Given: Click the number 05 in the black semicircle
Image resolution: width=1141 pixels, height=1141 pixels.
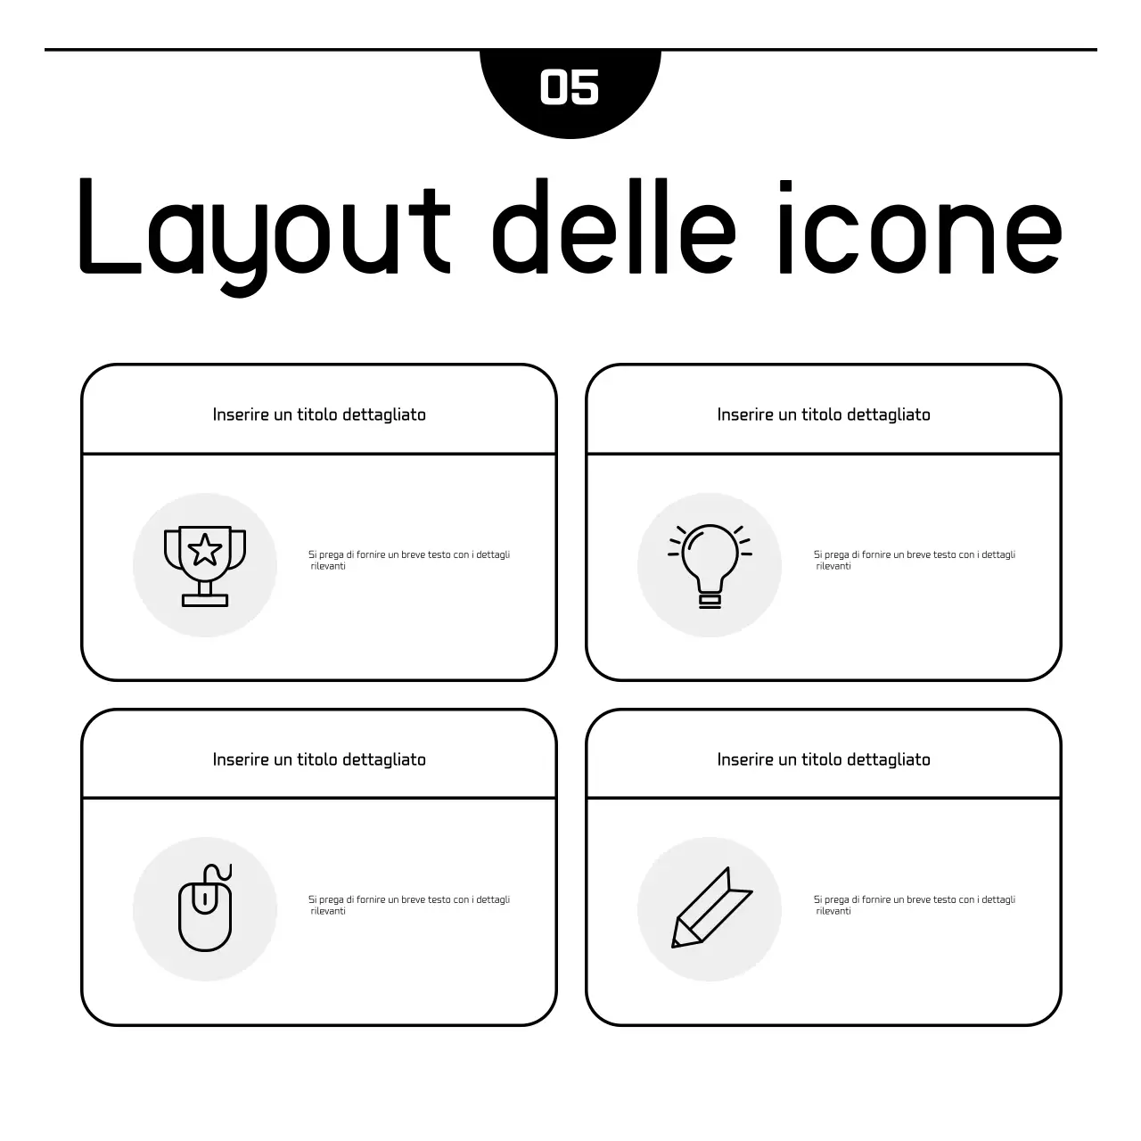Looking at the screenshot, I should pos(570,87).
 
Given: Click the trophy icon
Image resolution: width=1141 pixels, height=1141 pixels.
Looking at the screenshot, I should pos(205,565).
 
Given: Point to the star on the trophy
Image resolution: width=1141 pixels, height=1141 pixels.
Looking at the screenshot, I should pos(205,550).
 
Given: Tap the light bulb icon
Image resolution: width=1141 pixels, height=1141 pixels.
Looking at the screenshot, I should pos(710,565).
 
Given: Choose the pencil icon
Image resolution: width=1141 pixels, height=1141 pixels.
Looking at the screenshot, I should pos(711,907).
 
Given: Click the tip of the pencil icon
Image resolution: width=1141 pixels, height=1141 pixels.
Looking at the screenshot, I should pos(676,943).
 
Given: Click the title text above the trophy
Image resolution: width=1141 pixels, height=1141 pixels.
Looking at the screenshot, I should pos(319,415).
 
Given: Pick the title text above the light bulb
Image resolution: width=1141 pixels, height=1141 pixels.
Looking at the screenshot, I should pos(824,415).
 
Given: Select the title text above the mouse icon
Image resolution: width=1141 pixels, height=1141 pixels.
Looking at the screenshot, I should pos(319,759).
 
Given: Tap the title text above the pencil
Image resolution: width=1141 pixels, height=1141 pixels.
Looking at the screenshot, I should pos(824,759).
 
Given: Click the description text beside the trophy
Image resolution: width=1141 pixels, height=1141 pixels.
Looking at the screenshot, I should pos(409,560).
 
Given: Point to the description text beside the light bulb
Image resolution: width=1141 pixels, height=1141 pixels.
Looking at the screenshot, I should pos(915,560).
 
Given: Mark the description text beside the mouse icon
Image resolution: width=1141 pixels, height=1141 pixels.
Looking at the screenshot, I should pos(409,905).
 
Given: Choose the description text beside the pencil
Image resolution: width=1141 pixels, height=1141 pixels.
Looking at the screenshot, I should pos(915,905).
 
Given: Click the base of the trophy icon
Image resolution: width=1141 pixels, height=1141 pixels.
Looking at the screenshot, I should pos(205,600).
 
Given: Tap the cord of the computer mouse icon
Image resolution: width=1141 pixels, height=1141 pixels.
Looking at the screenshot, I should pos(219,873).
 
